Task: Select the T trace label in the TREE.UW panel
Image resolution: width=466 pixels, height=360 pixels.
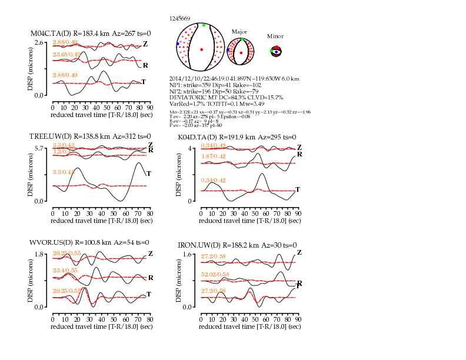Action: coord(148,173)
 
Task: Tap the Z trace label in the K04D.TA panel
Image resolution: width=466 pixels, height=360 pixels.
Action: coord(299,147)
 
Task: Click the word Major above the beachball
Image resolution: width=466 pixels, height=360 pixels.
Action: coord(239,32)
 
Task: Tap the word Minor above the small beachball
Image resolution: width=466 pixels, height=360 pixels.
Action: coord(275,36)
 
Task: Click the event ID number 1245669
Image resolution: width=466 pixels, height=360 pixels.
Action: coord(179,19)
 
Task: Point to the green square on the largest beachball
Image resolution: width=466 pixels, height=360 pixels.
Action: coord(204,25)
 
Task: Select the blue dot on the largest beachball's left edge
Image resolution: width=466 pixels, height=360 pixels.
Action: coord(178,44)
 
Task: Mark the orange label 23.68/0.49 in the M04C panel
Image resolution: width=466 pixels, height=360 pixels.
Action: coord(66,54)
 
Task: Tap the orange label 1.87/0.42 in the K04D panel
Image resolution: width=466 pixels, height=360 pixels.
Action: coord(214,156)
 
